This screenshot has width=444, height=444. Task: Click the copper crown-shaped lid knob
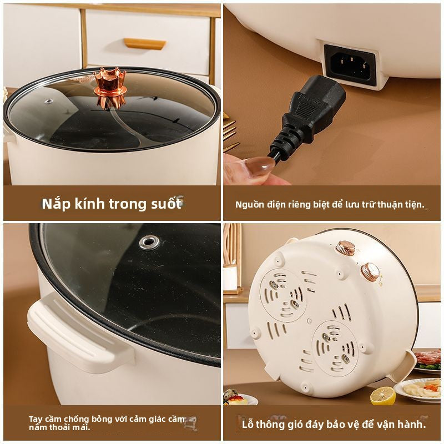point(110,86)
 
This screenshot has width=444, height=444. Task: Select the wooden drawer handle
point(144,43)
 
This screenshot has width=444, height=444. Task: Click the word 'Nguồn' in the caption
point(249,204)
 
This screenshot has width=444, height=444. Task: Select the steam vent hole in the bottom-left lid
point(149,242)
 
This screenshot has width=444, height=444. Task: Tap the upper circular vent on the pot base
point(283,294)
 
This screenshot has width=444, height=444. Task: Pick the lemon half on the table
point(382,396)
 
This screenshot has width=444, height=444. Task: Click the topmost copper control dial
point(345,248)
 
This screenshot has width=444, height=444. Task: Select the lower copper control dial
point(370,271)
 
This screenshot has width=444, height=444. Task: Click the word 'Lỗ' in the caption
point(248,425)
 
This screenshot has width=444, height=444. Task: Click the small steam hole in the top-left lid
point(49,102)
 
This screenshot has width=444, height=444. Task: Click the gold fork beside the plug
point(230,130)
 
